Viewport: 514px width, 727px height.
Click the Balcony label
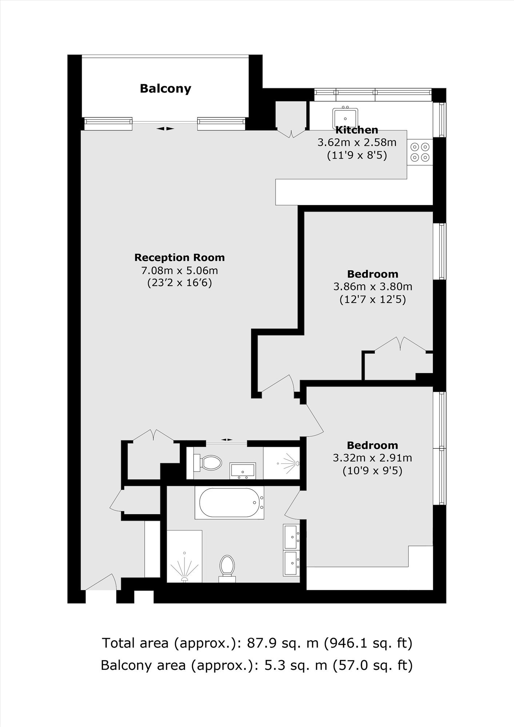(x=166, y=88)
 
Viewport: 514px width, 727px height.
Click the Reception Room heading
(x=179, y=257)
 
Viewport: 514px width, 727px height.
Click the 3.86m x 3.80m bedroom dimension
(x=372, y=287)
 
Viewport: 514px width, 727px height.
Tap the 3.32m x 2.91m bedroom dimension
(x=372, y=458)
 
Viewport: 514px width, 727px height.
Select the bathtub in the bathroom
(x=229, y=503)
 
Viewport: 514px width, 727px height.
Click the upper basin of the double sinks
(x=292, y=536)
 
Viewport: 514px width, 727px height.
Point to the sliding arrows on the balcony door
(x=166, y=128)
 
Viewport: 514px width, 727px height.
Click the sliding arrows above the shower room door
(x=227, y=440)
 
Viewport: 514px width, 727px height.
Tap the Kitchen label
(x=356, y=130)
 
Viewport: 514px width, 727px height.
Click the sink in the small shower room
(x=243, y=470)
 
